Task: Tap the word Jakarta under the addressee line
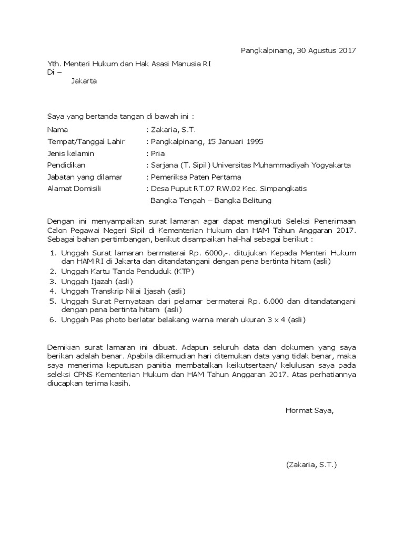(x=84, y=81)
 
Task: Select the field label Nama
(x=57, y=129)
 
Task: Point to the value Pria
(x=158, y=153)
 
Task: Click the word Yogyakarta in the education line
(x=330, y=165)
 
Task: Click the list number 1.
(x=53, y=253)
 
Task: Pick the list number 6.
(x=53, y=319)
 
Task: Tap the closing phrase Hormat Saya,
(x=309, y=410)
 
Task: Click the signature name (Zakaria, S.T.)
(x=311, y=465)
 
